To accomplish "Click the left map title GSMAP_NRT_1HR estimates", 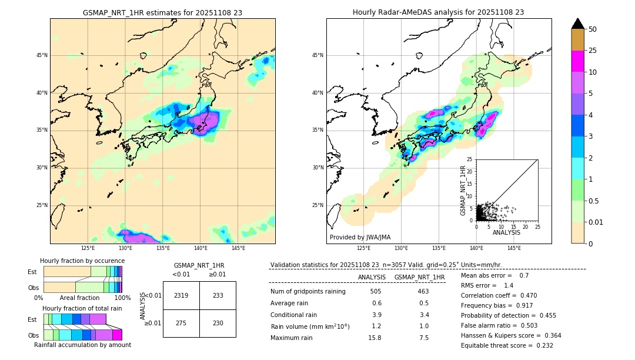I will point(162,12).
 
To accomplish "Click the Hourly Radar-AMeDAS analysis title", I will point(438,12).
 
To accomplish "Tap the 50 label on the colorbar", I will point(593,29).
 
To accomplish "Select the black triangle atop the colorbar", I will point(578,24).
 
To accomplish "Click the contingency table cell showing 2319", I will point(181,295).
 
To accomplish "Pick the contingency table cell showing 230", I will point(218,323).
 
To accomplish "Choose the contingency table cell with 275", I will point(181,323).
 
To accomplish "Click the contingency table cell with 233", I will point(218,295).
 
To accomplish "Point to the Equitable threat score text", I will point(507,345).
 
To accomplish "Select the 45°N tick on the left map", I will point(42,55).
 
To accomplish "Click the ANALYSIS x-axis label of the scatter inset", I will point(506,232).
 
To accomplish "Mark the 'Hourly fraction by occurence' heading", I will point(82,261).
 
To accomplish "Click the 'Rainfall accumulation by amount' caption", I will point(82,345).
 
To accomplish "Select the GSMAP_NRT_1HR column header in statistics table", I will point(419,277).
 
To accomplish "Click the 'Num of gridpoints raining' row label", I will point(308,291).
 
